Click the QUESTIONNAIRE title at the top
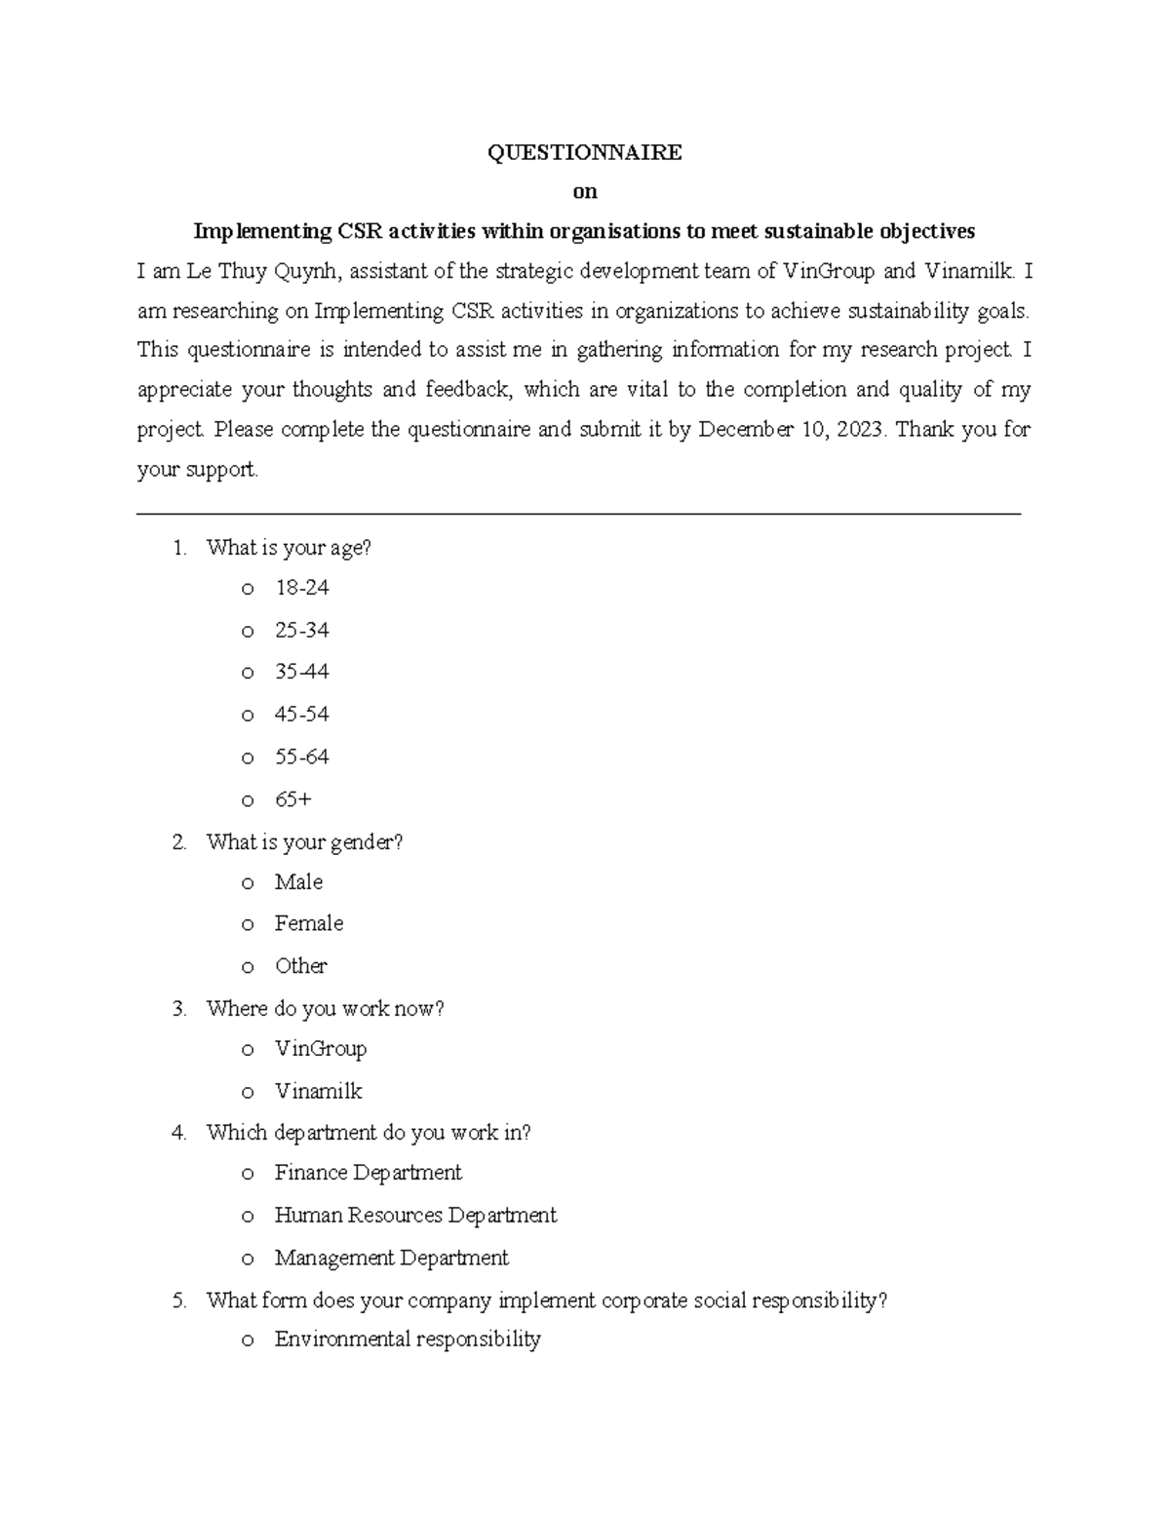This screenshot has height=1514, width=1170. (584, 152)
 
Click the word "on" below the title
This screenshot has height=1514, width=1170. (584, 192)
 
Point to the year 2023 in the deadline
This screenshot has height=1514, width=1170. (859, 430)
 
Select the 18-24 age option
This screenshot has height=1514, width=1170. (301, 588)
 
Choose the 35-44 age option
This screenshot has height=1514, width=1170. (301, 672)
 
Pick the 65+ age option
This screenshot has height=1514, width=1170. (292, 799)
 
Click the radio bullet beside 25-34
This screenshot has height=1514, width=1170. (248, 632)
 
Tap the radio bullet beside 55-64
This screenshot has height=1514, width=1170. (248, 758)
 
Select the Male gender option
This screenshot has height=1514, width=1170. (298, 882)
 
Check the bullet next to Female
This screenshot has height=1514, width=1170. (248, 924)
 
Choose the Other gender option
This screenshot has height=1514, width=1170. (300, 966)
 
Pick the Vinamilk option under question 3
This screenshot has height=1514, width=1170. (318, 1091)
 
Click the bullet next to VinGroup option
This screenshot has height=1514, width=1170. (248, 1050)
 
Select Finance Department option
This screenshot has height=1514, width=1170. (368, 1173)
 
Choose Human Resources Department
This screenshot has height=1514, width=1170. (414, 1216)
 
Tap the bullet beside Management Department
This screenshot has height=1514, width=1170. (248, 1260)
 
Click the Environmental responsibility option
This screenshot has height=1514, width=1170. (407, 1339)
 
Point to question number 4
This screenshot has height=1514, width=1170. (178, 1133)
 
